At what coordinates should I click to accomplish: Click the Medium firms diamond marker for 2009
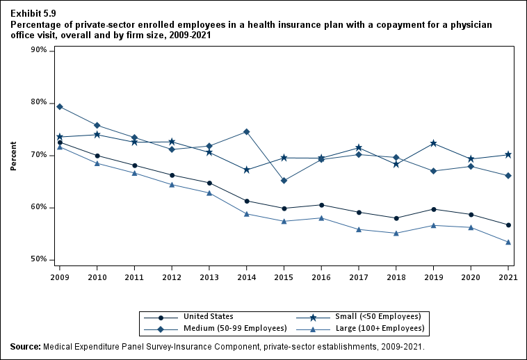[60, 106]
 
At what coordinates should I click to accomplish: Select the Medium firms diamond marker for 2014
[247, 132]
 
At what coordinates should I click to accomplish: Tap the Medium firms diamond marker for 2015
[284, 181]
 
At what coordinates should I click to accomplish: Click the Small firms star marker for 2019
[434, 143]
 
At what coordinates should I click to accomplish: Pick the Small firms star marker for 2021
[508, 154]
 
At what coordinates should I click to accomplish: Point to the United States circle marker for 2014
[247, 201]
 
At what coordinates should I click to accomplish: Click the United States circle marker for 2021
[508, 225]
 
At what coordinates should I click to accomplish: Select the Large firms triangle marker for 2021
[508, 242]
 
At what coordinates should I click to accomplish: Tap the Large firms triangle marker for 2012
[172, 184]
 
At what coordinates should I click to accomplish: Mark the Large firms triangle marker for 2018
[396, 233]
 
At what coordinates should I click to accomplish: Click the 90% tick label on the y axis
[38, 51]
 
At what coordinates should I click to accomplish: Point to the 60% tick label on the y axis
[38, 207]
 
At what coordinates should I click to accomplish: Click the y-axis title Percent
[13, 156]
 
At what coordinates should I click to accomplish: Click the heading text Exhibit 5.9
[33, 13]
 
